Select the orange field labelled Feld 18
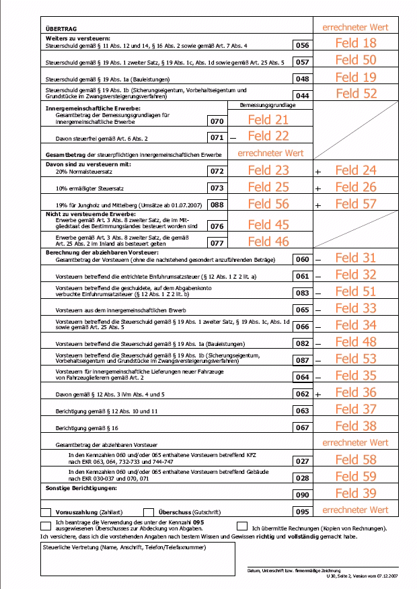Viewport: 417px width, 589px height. [x=356, y=44]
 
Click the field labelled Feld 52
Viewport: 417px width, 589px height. [x=356, y=94]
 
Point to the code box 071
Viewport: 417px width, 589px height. [x=216, y=137]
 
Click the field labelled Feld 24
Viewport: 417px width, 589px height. [x=356, y=171]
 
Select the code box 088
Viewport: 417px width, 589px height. [x=216, y=205]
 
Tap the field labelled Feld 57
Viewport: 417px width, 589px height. [x=356, y=204]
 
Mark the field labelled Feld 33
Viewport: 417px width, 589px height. [x=356, y=308]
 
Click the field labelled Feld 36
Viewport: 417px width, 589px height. [x=356, y=392]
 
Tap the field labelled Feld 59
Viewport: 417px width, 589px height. [x=356, y=477]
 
